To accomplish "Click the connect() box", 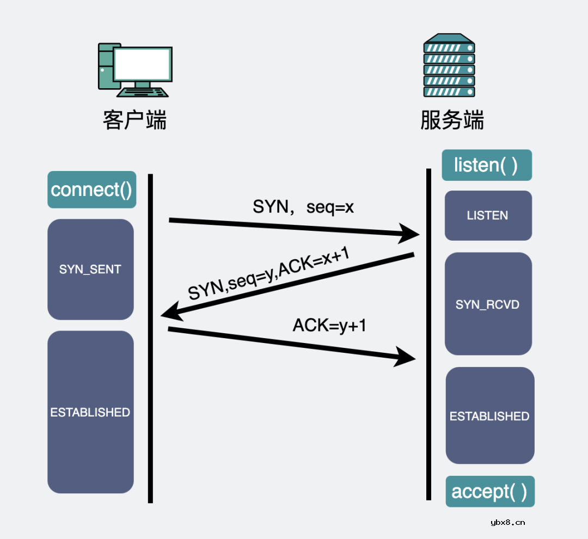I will [91, 190].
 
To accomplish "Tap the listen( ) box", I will [486, 165].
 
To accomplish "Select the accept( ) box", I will [489, 492].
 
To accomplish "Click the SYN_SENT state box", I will [90, 269].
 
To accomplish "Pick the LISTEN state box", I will [488, 216].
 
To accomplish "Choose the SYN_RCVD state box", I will [488, 304].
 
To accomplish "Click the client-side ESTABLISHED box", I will [90, 412].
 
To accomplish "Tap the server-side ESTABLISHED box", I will [489, 416].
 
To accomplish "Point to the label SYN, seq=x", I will [303, 207].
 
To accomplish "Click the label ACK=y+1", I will [330, 326].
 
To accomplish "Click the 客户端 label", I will [134, 120].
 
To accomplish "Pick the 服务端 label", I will [452, 120].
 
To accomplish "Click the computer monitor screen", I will [143, 65].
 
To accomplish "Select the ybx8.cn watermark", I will [507, 523].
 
